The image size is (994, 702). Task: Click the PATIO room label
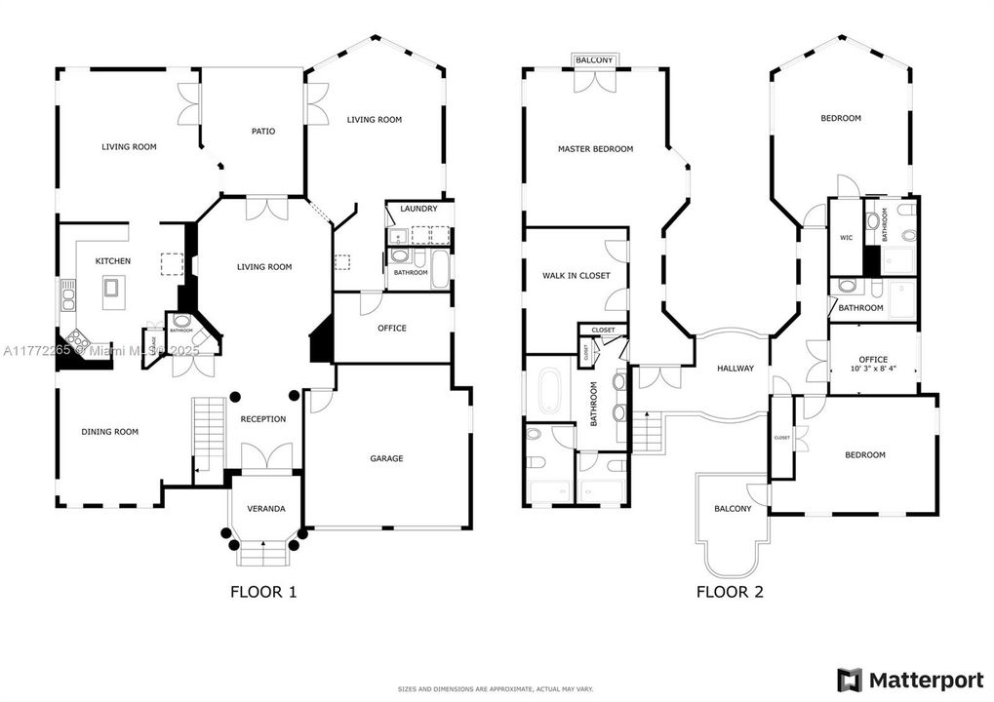(262, 131)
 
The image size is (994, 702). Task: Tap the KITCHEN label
(112, 261)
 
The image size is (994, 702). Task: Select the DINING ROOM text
(109, 432)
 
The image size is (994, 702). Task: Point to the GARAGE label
(386, 458)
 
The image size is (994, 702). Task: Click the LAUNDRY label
(418, 209)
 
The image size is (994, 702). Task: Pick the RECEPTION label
(263, 419)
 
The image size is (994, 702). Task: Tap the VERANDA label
(265, 509)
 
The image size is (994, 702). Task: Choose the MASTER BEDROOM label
(595, 149)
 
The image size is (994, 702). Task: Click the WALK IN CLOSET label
(576, 276)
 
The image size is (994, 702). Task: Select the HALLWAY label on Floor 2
(736, 369)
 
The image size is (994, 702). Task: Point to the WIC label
(846, 237)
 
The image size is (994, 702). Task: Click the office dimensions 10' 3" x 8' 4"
(873, 370)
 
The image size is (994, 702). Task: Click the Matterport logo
(904, 678)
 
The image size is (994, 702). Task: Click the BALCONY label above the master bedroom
(594, 60)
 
